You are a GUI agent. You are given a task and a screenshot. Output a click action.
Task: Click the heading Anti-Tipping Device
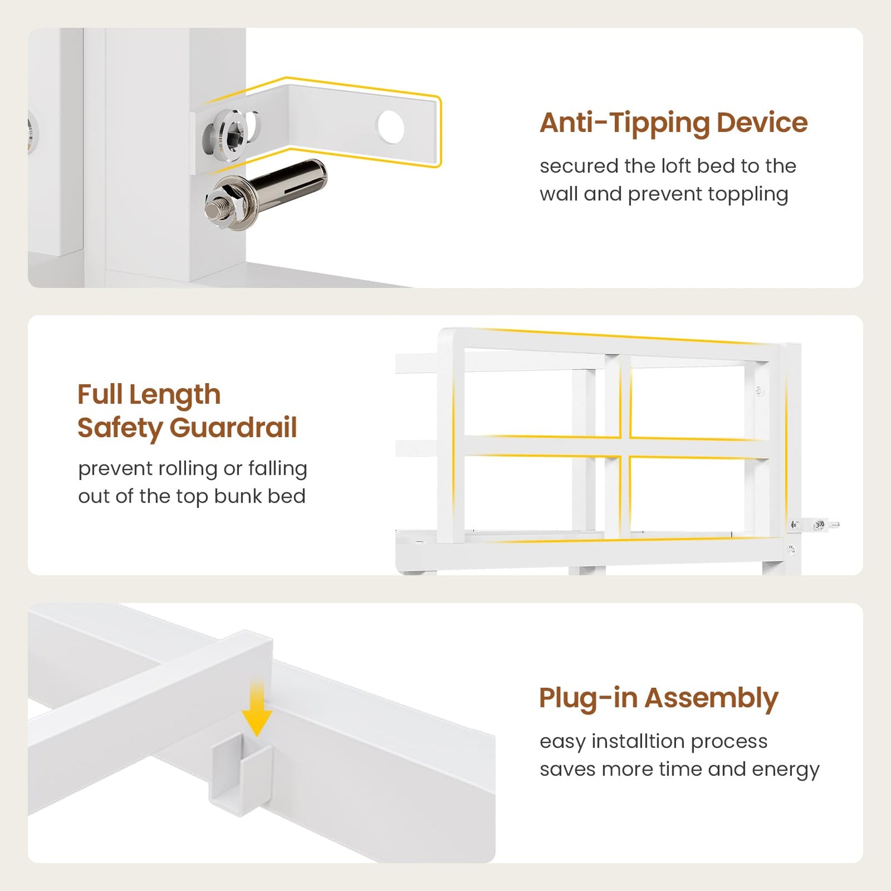click(674, 123)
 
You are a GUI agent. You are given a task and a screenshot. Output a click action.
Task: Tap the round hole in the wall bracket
click(391, 127)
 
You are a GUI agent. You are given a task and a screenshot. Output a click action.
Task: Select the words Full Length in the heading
click(149, 394)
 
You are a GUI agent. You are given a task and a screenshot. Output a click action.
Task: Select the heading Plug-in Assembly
click(658, 699)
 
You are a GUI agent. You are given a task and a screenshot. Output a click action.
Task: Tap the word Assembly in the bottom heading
click(711, 699)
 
